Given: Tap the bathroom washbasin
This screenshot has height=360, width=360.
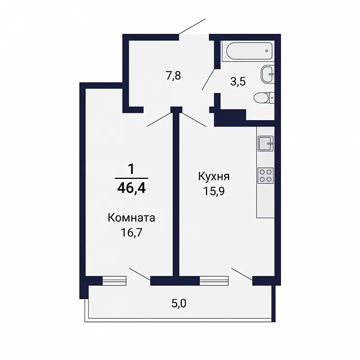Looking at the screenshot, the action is [x=267, y=74].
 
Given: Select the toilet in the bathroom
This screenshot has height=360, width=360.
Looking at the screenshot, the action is [x=264, y=98].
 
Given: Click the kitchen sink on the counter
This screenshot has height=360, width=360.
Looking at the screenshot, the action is [x=266, y=143].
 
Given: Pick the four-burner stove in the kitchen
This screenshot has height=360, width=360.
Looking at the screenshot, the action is [x=266, y=175].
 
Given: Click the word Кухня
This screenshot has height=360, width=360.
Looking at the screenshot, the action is [x=214, y=177].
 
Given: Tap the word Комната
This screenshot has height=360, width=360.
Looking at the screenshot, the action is [x=131, y=218].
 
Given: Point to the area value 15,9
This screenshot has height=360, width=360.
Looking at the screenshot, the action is [x=214, y=191].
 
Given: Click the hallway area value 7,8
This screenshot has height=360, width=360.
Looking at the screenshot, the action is [x=174, y=76].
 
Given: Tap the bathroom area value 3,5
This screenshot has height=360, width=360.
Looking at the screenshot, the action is [x=238, y=81].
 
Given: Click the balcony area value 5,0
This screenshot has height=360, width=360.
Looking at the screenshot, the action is [x=179, y=304].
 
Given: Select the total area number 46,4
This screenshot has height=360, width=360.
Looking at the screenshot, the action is [x=131, y=188].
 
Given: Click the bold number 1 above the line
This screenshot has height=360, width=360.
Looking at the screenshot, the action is [x=131, y=169].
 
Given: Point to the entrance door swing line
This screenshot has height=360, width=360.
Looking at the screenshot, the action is [x=192, y=27].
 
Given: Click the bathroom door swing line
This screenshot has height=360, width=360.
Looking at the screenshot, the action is [x=209, y=79].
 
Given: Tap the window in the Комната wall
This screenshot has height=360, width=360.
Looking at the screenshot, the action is [x=114, y=280].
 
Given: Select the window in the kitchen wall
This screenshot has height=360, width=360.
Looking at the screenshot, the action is [x=214, y=280].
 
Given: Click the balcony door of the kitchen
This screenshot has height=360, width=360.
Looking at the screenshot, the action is [x=242, y=274].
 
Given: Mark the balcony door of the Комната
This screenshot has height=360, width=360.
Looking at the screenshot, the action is [x=140, y=274].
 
